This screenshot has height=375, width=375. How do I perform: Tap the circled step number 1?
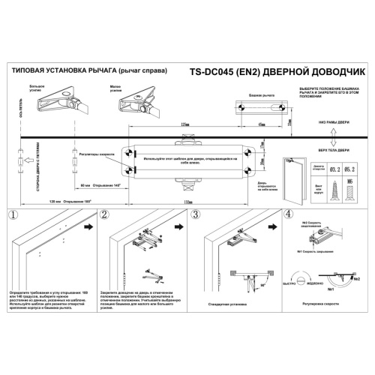12,214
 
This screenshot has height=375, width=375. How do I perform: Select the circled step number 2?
104,214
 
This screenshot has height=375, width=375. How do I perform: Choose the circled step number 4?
289,214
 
